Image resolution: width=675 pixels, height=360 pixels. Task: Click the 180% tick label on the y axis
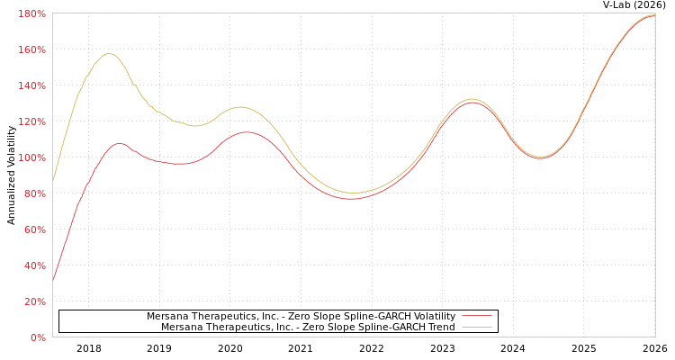pos(31,13)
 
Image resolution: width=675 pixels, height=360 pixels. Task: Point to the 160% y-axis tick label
pos(31,49)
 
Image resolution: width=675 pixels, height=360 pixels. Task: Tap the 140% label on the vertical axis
pos(31,85)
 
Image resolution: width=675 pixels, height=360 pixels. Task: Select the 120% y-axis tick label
pos(31,121)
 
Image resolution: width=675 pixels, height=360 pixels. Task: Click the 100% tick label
pos(31,157)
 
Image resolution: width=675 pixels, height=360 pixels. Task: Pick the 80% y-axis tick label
pos(34,193)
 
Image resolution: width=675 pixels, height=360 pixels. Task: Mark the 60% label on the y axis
pos(34,229)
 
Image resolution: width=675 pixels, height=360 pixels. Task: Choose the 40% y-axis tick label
pos(34,265)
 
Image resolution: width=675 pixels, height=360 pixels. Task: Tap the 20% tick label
pos(34,301)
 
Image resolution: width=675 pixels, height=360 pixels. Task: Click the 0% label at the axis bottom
pos(38,337)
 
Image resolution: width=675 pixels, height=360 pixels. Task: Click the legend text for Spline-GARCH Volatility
pos(301,317)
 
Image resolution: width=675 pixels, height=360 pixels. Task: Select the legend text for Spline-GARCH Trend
pos(308,328)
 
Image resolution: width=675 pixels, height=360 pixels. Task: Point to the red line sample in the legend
pos(477,317)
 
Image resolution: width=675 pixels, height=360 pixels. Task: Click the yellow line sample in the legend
pos(477,328)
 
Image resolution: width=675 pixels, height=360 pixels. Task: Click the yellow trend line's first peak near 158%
pos(110,54)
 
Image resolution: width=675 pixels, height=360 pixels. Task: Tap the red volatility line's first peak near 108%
pos(119,143)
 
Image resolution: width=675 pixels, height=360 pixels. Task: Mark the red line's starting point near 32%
pos(53,280)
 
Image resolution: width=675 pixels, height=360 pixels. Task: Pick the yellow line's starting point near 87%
pos(53,181)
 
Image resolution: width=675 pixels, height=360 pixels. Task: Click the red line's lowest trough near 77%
pos(351,198)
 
